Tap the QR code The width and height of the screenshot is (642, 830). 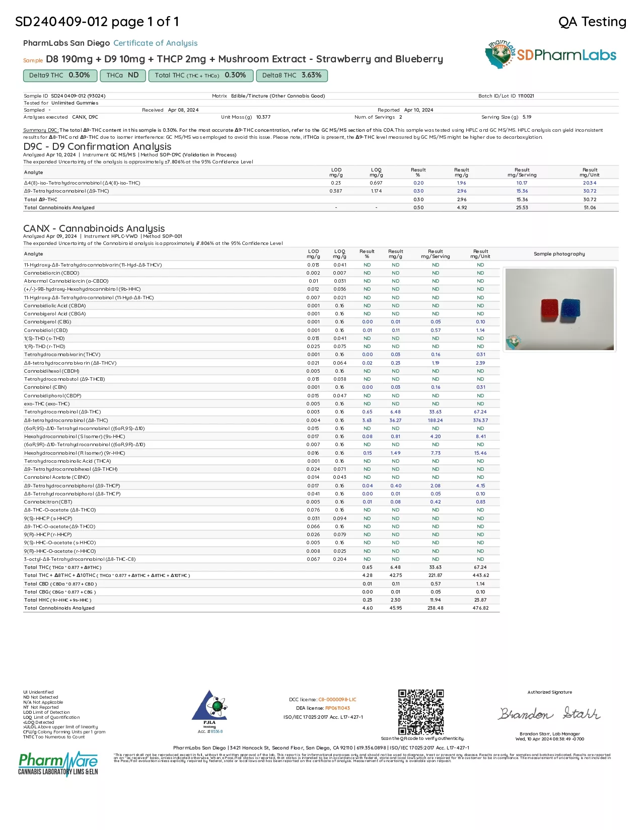click(x=421, y=712)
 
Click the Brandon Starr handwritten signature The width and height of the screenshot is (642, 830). click(x=549, y=713)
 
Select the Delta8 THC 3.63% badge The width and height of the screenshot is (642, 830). click(x=292, y=75)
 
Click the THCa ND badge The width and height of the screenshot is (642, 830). click(x=123, y=75)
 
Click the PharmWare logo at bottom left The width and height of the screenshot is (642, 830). click(x=58, y=764)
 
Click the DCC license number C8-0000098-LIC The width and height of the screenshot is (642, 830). click(x=337, y=700)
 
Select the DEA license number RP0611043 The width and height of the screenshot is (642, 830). click(x=337, y=708)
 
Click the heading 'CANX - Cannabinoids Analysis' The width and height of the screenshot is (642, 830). click(x=94, y=228)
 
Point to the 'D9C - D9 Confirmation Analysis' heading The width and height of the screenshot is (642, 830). click(x=97, y=146)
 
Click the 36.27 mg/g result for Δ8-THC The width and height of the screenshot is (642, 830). click(x=395, y=421)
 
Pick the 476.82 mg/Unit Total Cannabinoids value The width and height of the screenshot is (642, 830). click(x=480, y=608)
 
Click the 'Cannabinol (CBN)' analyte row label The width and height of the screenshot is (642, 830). click(x=45, y=387)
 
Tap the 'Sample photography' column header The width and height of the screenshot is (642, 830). click(x=559, y=254)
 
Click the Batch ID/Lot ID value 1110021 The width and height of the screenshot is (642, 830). click(x=526, y=96)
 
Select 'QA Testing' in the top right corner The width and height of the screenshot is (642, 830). click(x=592, y=22)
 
